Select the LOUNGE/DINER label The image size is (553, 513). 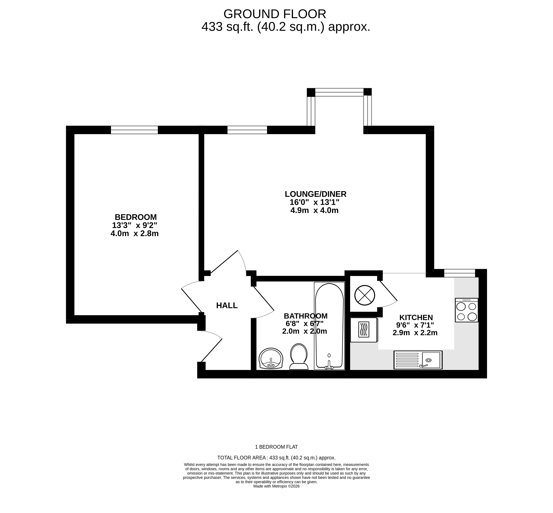[x=316, y=194]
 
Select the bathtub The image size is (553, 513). [x=329, y=326]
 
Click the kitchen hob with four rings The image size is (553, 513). [x=466, y=310]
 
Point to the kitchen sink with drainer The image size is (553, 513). [x=418, y=360]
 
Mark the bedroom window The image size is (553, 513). [x=134, y=130]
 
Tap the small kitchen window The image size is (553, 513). [x=459, y=273]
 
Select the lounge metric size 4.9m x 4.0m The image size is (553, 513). [x=314, y=210]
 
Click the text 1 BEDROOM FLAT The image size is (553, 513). [x=276, y=447]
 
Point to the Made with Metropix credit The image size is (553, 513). [x=276, y=494]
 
